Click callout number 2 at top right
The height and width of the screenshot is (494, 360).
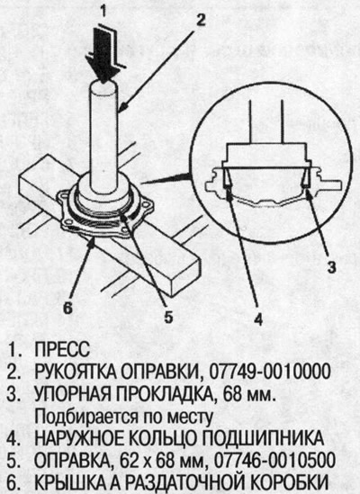(x=201, y=17)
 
